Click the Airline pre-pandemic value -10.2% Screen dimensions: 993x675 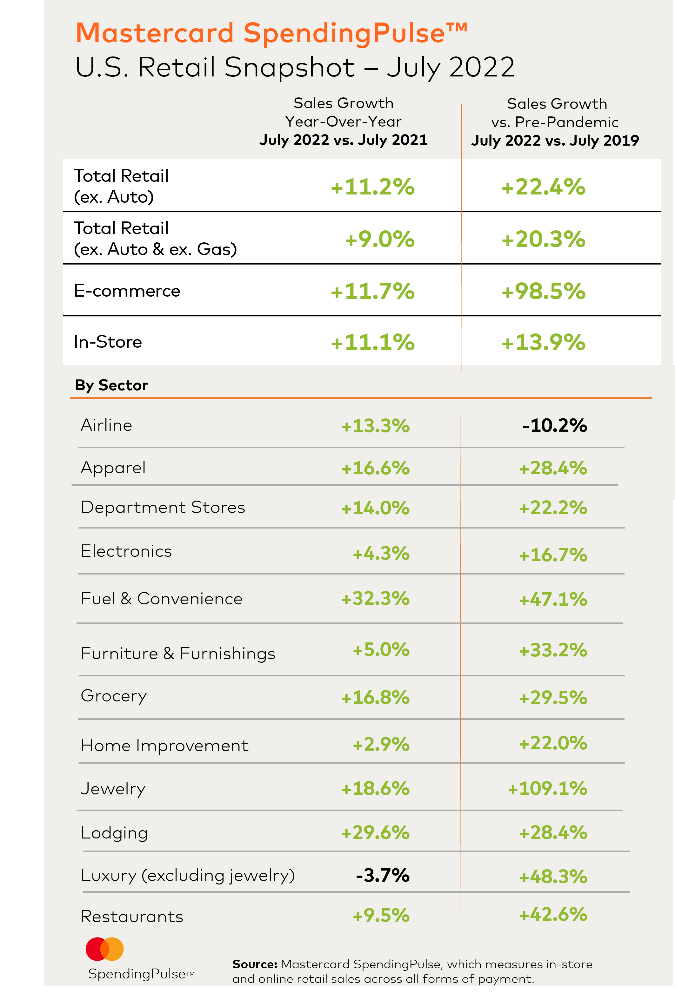(554, 425)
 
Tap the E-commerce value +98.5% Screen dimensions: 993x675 (543, 292)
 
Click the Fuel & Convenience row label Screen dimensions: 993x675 (162, 599)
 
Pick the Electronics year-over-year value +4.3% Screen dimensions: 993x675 (381, 553)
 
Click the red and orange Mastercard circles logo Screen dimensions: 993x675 (105, 949)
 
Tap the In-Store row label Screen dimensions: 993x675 (108, 342)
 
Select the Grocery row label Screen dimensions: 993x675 (114, 696)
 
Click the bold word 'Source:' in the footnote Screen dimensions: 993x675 (255, 964)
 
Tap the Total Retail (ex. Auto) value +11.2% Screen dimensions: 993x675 (372, 187)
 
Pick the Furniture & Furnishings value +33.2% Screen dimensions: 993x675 (553, 650)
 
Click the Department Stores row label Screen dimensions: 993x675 (163, 508)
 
